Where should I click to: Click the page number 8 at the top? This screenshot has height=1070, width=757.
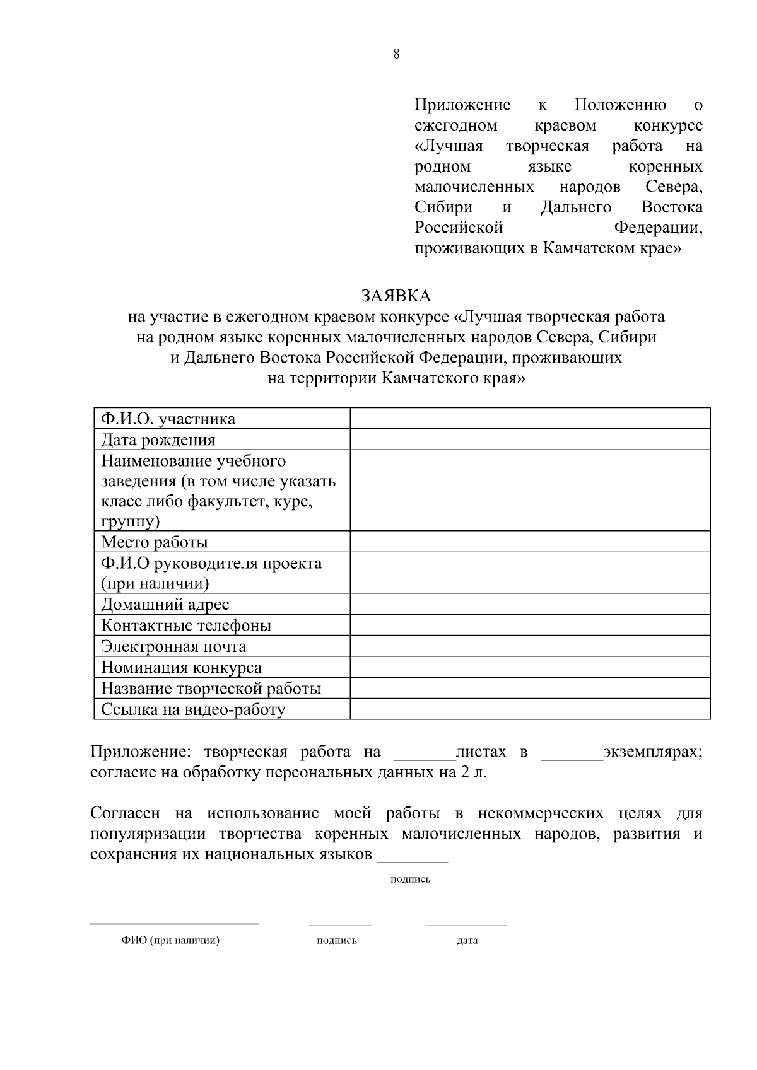tap(396, 54)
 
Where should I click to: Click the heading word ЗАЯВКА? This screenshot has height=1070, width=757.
tap(396, 296)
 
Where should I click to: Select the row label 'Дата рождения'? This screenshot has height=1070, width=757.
tap(158, 439)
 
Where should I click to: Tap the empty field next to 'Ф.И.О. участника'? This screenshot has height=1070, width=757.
tap(530, 419)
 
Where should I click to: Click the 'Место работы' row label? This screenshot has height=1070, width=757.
tap(155, 542)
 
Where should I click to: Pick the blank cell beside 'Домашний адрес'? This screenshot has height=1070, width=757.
tap(530, 604)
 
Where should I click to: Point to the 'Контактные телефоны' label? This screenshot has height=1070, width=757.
tap(186, 625)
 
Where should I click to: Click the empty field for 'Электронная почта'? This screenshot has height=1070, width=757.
tap(530, 646)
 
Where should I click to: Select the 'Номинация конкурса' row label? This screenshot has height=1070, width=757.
tap(181, 668)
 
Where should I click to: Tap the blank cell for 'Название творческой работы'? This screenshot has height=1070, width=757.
tap(530, 688)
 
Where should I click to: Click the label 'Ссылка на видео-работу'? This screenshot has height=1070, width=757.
tap(193, 709)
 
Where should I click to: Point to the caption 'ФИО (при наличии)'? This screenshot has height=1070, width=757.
tap(170, 940)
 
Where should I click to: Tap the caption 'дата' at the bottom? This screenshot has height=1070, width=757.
tap(467, 940)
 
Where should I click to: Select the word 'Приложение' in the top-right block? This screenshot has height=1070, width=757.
tap(462, 105)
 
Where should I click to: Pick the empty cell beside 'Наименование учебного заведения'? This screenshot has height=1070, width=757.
tap(530, 490)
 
